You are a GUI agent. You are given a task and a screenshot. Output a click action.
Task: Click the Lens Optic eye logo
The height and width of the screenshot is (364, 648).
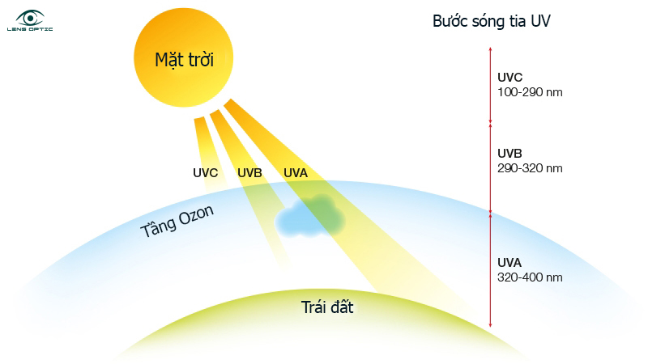[x=31, y=19]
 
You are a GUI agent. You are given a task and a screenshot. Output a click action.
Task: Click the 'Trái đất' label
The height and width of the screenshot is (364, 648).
[x=327, y=307]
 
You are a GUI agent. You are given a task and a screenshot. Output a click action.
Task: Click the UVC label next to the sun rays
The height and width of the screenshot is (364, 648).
[x=206, y=172]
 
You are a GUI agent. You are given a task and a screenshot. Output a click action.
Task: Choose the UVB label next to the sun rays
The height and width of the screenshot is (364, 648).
[x=249, y=172]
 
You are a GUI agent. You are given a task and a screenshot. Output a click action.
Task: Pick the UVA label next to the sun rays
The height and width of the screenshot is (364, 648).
[x=296, y=172]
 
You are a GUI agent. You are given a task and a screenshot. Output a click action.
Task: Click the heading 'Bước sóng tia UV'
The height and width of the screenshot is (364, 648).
[x=492, y=21]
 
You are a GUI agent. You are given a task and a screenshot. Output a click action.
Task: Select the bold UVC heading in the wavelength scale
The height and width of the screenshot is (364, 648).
[x=510, y=78]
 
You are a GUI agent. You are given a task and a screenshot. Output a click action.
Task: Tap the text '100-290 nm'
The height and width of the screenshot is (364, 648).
[x=529, y=92]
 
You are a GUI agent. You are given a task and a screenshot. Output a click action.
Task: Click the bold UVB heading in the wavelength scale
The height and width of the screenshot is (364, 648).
[x=510, y=154]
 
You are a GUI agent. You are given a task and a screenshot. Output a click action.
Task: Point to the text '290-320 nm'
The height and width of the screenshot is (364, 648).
[x=529, y=168]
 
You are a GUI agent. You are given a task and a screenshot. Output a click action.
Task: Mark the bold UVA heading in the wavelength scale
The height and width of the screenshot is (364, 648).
[x=510, y=262]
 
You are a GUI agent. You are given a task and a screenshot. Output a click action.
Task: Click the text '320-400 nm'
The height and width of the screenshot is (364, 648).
[x=529, y=277]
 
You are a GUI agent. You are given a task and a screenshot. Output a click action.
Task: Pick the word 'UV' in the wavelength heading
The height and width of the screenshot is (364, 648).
[x=540, y=21]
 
